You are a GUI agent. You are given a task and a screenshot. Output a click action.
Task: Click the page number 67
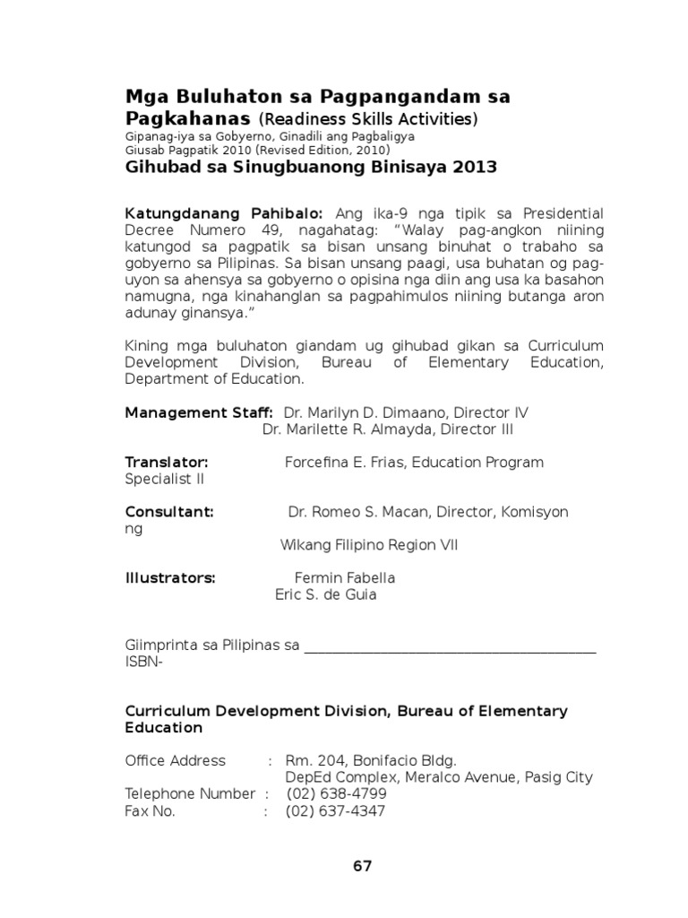[x=362, y=866]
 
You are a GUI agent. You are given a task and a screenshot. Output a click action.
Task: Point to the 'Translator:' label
[x=167, y=462]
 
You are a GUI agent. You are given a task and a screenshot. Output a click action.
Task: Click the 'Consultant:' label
[x=169, y=512]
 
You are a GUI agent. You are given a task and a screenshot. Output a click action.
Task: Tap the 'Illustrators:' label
[x=170, y=577]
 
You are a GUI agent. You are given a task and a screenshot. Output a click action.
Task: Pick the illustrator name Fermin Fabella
[x=345, y=577]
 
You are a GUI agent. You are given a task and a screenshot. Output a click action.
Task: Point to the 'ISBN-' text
[x=144, y=662]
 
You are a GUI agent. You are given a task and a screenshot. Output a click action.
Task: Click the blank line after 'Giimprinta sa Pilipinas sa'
[x=450, y=647]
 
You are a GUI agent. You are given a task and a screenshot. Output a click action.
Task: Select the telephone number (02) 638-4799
[x=336, y=794]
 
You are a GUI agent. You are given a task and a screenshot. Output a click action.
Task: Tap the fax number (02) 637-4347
[x=336, y=811]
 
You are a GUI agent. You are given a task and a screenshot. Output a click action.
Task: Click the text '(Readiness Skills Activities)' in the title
[x=368, y=120]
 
